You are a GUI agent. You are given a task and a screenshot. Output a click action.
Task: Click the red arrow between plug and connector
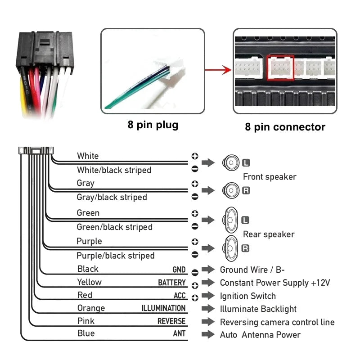coord(218,70)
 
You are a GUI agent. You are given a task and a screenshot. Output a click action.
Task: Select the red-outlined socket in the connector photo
coord(280,68)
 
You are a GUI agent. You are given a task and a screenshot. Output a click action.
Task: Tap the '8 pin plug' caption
coord(153,125)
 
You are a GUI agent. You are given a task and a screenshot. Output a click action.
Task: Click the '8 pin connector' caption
coord(285,127)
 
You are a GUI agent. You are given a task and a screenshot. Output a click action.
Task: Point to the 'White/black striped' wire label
coord(114,170)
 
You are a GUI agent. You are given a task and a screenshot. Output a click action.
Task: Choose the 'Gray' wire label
coord(85,183)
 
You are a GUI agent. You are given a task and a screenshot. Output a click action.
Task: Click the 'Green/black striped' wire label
coord(114,227)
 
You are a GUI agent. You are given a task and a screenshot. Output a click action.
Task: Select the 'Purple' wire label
coord(89,241)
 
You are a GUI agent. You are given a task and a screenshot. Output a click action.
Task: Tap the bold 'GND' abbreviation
coord(179,270)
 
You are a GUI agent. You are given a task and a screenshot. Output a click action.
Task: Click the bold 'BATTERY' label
coord(171,283)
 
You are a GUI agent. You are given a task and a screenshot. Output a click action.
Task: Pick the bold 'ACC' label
coord(180,296)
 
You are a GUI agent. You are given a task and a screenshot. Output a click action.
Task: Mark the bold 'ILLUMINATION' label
coord(163,308)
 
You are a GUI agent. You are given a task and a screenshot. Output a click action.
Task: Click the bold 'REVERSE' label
coord(171,321)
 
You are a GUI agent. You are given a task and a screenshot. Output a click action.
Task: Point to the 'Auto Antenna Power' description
coord(260,335)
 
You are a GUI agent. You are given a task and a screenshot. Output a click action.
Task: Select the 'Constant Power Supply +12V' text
coord(275,283)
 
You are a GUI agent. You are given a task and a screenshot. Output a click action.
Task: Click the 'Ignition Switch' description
coord(247,296)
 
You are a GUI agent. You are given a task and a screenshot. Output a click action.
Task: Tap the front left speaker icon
coord(231,162)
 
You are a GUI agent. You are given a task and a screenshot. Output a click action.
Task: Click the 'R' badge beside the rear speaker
coord(245,248)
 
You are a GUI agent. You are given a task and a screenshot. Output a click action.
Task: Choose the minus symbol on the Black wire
coord(195,272)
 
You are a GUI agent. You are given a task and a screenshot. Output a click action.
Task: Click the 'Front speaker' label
coord(269,177)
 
